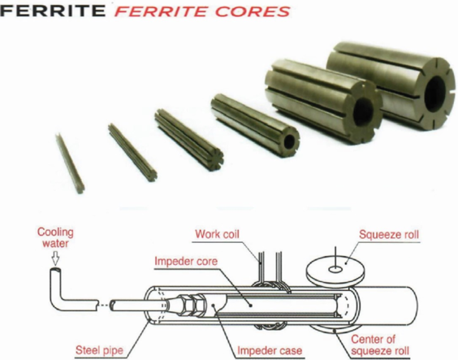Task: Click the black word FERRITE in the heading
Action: point(53,11)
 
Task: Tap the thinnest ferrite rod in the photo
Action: point(70,163)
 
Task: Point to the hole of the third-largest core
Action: point(290,141)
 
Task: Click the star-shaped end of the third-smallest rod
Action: point(215,157)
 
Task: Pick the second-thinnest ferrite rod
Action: point(132,152)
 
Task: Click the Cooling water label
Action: point(55,238)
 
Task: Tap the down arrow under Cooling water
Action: point(55,258)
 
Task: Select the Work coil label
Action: point(217,234)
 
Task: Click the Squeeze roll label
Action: point(389,235)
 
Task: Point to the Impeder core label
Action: point(186,261)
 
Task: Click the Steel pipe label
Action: point(99,349)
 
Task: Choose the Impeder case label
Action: point(270,350)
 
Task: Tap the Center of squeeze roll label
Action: point(380,345)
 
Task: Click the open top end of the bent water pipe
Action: point(55,271)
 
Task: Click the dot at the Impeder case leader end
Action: point(214,306)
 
